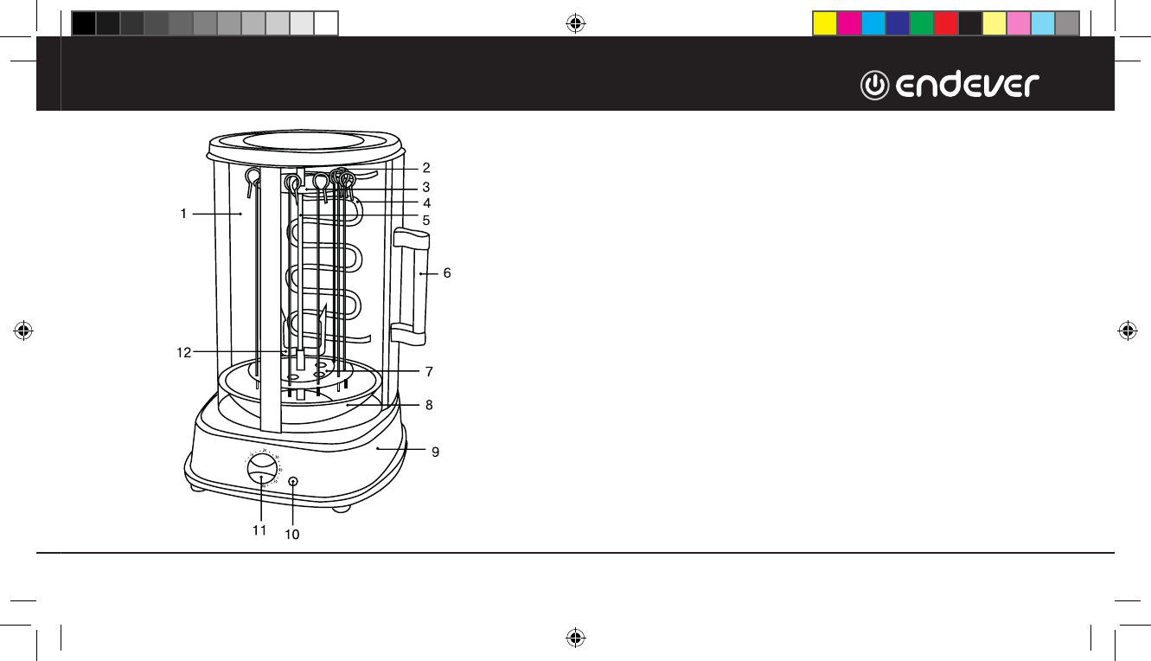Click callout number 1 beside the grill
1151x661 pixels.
click(183, 214)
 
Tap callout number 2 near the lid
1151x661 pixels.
click(426, 168)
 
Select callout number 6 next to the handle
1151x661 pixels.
click(447, 273)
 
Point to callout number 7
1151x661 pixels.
click(429, 372)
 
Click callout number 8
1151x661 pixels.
click(429, 405)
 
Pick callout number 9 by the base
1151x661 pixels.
click(435, 452)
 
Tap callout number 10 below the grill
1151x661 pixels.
click(292, 535)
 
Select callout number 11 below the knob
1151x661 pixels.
click(259, 530)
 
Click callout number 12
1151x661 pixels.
click(183, 353)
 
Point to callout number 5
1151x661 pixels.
click(426, 221)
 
